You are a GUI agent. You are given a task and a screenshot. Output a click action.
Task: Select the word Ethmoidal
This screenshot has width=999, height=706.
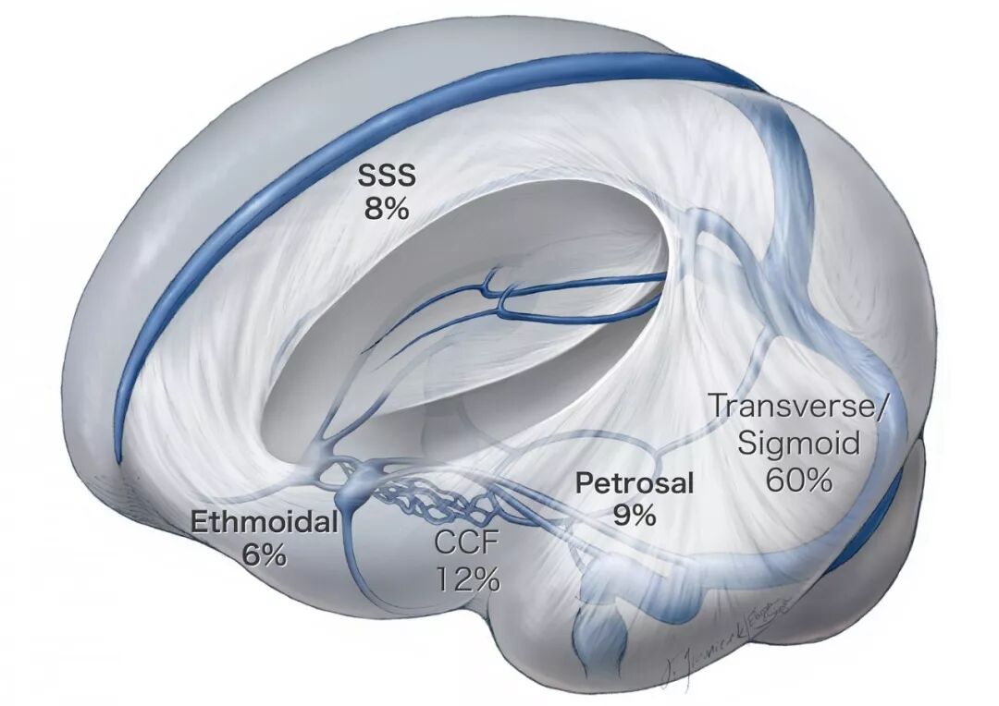264,523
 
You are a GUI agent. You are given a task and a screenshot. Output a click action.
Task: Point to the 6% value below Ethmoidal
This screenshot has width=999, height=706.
264,554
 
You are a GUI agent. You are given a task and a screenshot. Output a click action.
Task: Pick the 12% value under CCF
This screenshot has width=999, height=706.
468,579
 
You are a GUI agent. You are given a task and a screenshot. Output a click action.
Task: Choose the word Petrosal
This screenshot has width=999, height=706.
635,483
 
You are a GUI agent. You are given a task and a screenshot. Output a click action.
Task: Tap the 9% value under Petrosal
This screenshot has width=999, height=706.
635,515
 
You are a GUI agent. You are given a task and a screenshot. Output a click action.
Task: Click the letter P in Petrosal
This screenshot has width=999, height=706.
584,483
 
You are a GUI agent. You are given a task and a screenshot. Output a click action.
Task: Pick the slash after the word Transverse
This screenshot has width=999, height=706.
880,408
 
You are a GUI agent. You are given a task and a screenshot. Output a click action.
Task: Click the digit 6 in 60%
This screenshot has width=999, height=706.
775,480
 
